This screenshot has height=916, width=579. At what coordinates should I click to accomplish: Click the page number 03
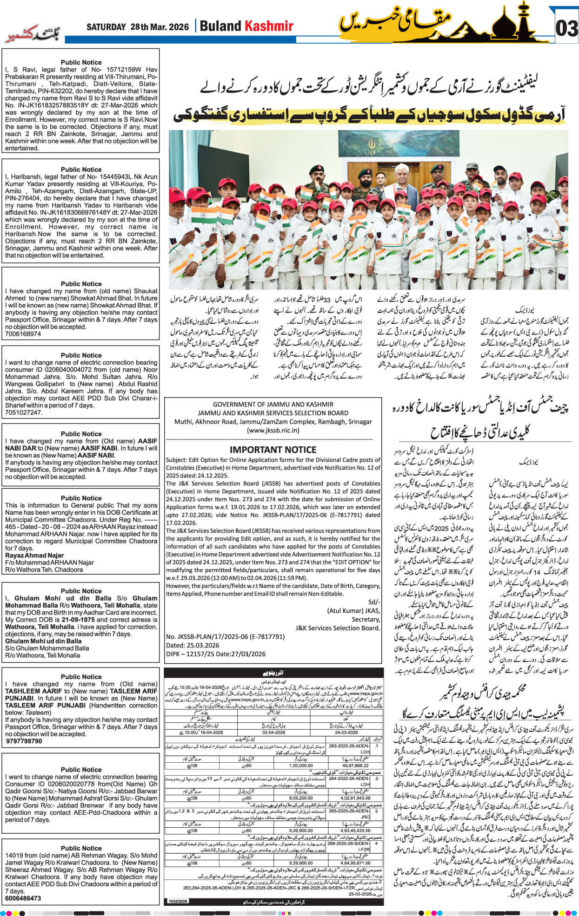[566, 28]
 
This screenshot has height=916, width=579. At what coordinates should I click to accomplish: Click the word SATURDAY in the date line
[106, 27]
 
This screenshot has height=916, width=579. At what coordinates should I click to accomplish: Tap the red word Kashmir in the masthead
[270, 26]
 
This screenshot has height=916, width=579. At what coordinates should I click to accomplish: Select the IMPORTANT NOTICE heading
[273, 450]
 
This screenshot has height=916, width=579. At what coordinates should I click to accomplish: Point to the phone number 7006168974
[23, 334]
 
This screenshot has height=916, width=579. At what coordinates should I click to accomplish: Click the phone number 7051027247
[23, 412]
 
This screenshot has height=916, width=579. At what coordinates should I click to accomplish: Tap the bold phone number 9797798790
[24, 741]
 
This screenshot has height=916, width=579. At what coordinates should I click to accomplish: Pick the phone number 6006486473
[23, 898]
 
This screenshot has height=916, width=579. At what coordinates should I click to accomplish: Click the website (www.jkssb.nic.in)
[273, 430]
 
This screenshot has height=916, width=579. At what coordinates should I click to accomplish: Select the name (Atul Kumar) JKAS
[353, 611]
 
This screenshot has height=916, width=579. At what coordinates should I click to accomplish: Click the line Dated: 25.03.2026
[193, 645]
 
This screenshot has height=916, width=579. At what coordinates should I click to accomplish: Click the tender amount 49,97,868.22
[355, 766]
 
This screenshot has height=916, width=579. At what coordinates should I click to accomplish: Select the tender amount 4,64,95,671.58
[355, 863]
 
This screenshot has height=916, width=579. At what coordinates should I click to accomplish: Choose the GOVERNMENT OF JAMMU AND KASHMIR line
[273, 404]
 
